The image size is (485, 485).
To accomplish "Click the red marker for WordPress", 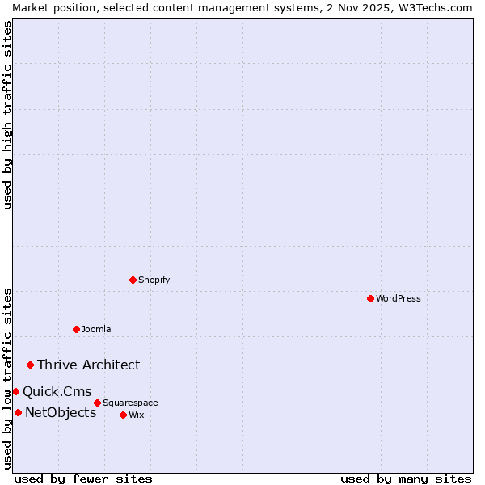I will click(370, 298).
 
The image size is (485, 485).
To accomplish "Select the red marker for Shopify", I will click(133, 280).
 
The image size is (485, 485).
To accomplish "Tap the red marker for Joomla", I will click(76, 329).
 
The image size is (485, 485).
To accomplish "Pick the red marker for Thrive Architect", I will click(31, 365).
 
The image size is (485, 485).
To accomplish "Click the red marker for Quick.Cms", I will click(15, 391).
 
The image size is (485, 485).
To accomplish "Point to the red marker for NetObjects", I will click(18, 412).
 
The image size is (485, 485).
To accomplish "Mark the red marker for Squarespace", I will click(97, 403).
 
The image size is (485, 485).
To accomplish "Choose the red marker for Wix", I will click(123, 415).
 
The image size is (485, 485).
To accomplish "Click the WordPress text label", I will click(399, 298).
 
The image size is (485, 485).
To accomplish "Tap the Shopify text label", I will click(154, 280).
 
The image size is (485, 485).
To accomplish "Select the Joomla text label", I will click(96, 329).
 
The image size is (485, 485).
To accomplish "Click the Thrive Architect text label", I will click(88, 365).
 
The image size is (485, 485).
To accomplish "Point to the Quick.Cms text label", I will click(57, 391).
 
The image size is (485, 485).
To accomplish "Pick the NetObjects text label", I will click(61, 412).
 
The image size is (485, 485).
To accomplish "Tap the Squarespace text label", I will click(130, 403).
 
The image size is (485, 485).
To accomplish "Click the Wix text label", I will click(136, 415).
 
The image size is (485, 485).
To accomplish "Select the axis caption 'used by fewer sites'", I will click(83, 479).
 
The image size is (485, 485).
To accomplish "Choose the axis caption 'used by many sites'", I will click(406, 479).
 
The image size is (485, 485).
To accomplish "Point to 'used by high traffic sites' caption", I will click(7, 115).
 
